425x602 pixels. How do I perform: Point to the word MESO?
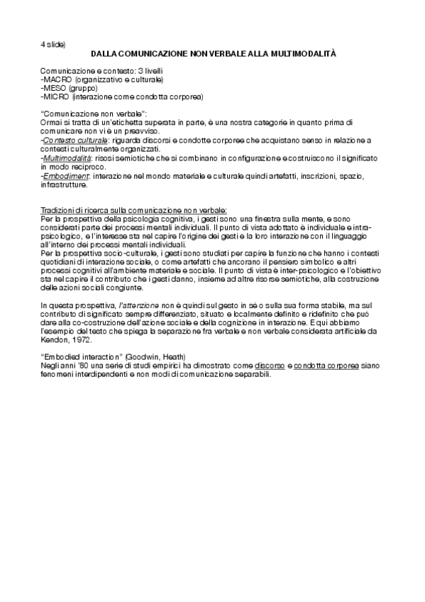[x=54, y=88]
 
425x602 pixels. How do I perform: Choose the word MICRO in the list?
[x=55, y=96]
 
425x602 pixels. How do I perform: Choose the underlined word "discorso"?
[x=270, y=363]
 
